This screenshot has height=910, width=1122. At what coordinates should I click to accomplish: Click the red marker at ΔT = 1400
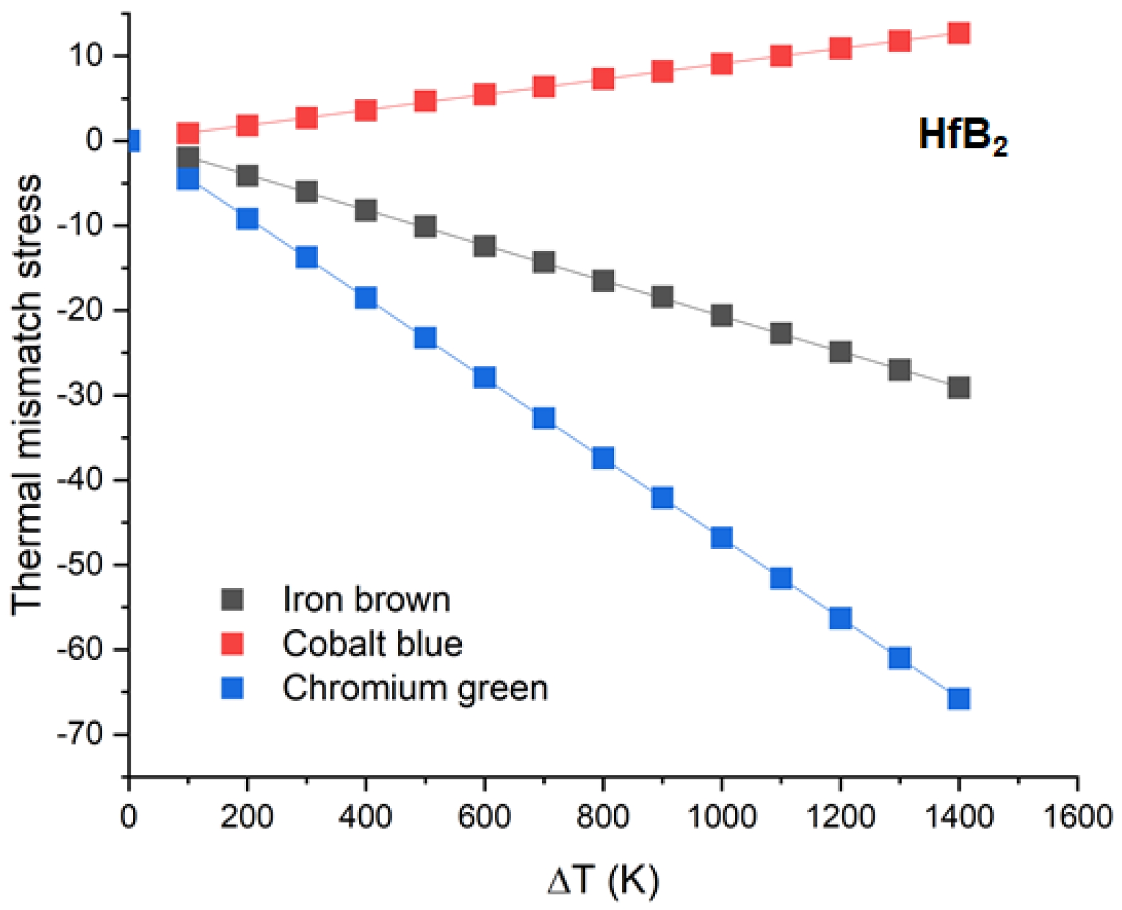click(x=959, y=33)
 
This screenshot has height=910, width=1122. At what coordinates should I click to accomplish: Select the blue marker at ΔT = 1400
click(x=959, y=699)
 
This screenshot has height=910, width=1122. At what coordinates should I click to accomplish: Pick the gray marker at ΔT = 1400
click(x=959, y=387)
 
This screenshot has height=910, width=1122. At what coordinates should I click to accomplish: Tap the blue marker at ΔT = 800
click(x=603, y=458)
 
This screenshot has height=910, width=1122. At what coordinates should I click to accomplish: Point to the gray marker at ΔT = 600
click(x=484, y=245)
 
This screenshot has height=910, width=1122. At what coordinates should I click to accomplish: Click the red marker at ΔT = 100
click(x=188, y=133)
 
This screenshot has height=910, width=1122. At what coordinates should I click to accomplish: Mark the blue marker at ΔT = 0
click(x=132, y=141)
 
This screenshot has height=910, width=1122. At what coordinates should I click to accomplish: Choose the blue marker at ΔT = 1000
click(x=721, y=538)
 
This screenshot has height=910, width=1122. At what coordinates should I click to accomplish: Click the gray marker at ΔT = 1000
click(x=721, y=315)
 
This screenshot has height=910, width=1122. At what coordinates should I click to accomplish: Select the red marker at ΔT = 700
click(x=543, y=86)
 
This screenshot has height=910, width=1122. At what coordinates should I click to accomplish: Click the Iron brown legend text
click(x=367, y=600)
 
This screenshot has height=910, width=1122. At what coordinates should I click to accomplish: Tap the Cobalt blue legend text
click(x=372, y=644)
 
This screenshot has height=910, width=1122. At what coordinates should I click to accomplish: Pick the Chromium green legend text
click(x=415, y=688)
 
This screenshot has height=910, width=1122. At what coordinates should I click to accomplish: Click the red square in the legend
click(x=232, y=644)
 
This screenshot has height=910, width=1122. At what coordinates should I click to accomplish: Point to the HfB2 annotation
click(x=962, y=136)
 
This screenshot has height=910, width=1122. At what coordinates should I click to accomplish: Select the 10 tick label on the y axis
click(x=86, y=56)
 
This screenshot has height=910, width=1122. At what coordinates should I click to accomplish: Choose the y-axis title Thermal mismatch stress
click(x=27, y=394)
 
